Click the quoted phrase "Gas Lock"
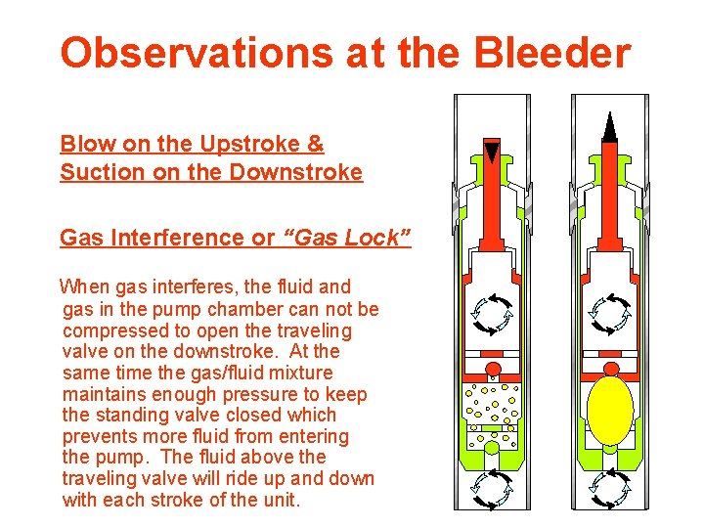point(347,238)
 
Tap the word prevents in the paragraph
point(97,436)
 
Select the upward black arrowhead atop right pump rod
point(610,126)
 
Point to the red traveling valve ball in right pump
point(610,367)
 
